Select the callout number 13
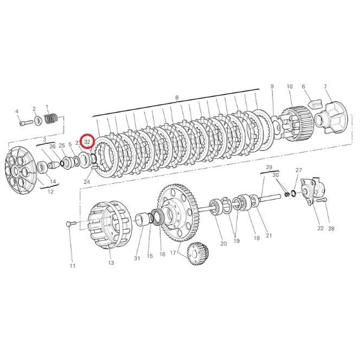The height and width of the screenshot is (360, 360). (x=110, y=263)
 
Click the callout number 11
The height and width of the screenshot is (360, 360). (x=73, y=265)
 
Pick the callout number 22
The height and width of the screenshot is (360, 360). (x=320, y=228)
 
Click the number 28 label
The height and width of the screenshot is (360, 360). (x=331, y=228)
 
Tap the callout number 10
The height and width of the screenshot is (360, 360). (x=289, y=86)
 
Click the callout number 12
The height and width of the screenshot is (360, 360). (x=50, y=193)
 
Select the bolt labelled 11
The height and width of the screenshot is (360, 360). (x=70, y=224)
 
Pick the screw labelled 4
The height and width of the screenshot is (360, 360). (x=24, y=123)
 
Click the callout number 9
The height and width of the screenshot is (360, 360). (x=272, y=86)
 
